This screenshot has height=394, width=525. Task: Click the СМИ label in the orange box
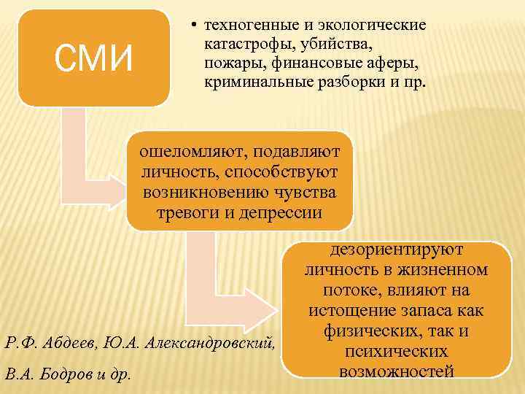click(x=94, y=58)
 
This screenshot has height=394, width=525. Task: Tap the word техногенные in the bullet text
click(x=247, y=24)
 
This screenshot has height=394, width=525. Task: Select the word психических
click(x=397, y=352)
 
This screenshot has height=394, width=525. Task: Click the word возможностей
click(x=397, y=371)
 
